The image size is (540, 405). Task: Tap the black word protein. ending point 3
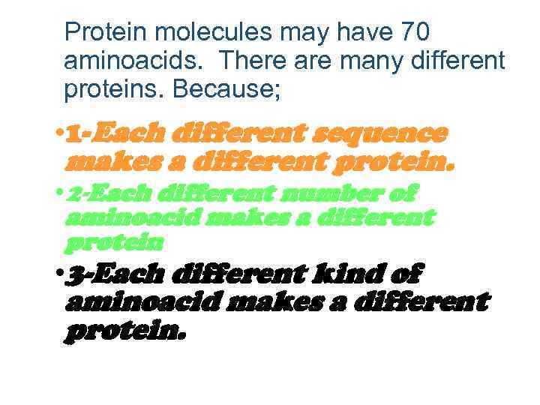[124, 331]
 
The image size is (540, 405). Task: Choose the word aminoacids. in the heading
[132, 61]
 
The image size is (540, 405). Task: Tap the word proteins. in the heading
[114, 89]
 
